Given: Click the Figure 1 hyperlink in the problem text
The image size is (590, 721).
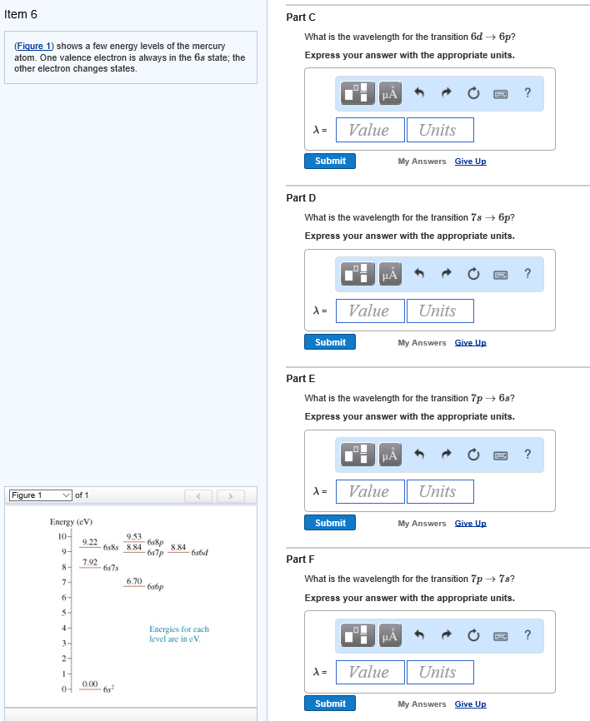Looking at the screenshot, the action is point(33,46).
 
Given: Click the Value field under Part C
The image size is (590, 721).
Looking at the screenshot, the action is point(370,130).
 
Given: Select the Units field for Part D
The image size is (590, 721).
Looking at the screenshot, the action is point(440,311).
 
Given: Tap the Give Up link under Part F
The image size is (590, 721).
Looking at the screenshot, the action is point(470,704).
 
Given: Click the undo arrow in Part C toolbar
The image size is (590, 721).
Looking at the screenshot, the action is point(419,93).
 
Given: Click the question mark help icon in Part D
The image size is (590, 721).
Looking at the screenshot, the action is point(527,274).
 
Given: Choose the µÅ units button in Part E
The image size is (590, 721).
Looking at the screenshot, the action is point(390,455).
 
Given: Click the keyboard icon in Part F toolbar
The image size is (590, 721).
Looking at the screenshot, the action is point(501,636).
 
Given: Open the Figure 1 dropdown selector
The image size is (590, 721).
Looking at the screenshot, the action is point(41,495).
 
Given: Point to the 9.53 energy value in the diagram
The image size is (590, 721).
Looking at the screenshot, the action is point(134,537).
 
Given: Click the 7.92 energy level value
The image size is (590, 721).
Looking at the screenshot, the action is point(90,562).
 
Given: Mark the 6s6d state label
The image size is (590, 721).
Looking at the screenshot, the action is point(200,552).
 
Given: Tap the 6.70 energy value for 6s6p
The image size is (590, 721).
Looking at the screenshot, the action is point(134,581).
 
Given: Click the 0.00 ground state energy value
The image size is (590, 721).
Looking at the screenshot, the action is point(90,684).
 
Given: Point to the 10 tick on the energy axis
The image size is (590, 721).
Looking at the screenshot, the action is point(62,536).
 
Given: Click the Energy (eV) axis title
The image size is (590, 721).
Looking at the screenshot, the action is point(72,522).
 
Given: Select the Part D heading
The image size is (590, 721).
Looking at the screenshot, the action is point(301,197).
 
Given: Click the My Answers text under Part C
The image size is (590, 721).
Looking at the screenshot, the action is point(422,162).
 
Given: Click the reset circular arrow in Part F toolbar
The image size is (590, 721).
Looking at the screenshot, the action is point(473,635).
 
